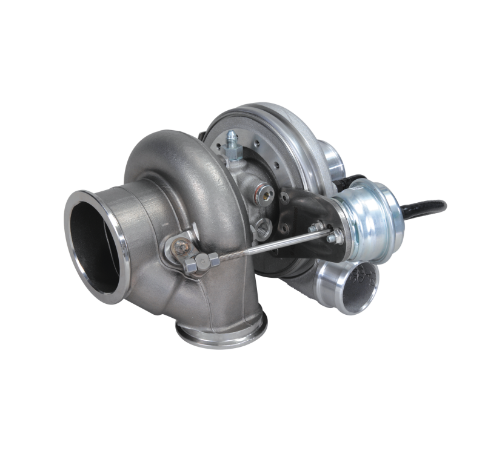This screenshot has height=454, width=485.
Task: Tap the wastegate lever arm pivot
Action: point(180,246)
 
